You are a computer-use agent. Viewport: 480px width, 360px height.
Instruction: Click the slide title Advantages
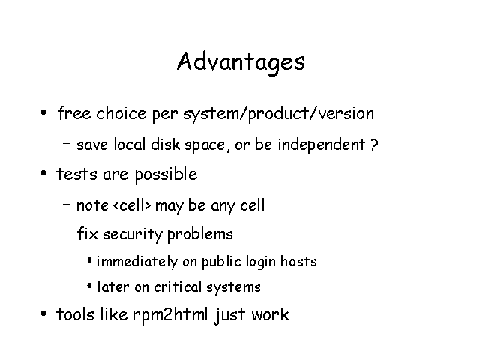coord(241,62)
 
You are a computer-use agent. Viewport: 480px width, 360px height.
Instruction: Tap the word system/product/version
coord(278,115)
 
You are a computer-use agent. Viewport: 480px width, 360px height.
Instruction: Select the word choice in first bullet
coord(121,113)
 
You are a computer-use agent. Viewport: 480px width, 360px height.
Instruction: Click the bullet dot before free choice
coord(43,112)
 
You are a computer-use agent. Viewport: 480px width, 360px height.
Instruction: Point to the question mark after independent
coord(374,145)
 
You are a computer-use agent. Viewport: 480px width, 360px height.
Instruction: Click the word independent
coord(322,145)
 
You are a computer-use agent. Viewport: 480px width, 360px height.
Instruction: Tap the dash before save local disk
coord(67,142)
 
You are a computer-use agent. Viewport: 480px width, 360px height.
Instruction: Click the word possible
coord(166,175)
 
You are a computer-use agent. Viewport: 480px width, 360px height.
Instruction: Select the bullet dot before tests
coord(43,173)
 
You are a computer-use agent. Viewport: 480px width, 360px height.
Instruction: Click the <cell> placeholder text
coord(132,205)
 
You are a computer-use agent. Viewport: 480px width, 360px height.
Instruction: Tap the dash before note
coord(67,203)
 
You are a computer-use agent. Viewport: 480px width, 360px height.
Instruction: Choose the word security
coord(133,235)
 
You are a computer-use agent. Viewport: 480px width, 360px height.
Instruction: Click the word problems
coord(200,235)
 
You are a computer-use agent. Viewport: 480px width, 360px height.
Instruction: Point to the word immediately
coord(137,262)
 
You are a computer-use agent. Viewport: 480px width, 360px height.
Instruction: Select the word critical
coord(178,286)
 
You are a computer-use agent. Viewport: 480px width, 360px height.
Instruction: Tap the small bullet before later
coord(89,286)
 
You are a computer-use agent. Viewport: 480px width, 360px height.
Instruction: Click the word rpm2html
coord(170,315)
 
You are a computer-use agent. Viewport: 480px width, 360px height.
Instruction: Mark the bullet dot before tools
coord(43,313)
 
